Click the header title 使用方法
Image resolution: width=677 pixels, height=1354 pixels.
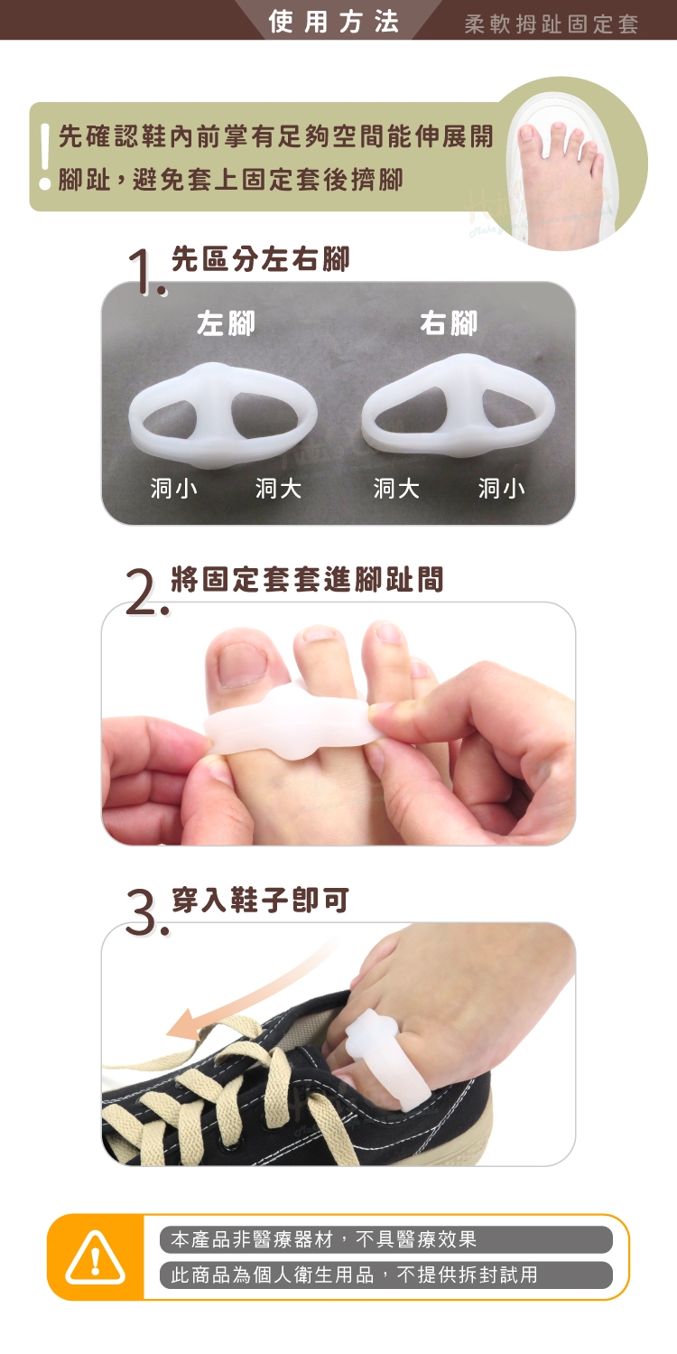pyautogui.click(x=333, y=22)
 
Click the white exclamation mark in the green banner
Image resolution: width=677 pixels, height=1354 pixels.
pyautogui.click(x=45, y=156)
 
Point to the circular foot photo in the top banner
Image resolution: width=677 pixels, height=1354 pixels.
pyautogui.click(x=570, y=163)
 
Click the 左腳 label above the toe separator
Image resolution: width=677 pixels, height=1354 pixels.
pyautogui.click(x=226, y=323)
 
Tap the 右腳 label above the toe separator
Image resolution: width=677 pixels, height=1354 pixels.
pyautogui.click(x=449, y=323)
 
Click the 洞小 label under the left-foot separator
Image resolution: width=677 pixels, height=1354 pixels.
pyautogui.click(x=174, y=488)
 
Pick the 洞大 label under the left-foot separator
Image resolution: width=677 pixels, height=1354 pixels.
pyautogui.click(x=278, y=488)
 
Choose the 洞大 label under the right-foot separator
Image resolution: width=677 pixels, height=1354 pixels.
pyautogui.click(x=396, y=488)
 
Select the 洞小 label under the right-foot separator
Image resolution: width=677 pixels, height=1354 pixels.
pyautogui.click(x=501, y=488)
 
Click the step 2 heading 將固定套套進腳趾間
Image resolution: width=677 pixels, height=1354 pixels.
pyautogui.click(x=308, y=579)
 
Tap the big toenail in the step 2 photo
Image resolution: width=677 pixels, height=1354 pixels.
pyautogui.click(x=243, y=664)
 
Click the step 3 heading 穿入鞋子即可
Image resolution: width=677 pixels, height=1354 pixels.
pyautogui.click(x=261, y=900)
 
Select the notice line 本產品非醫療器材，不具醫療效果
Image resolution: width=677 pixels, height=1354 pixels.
pyautogui.click(x=324, y=1240)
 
